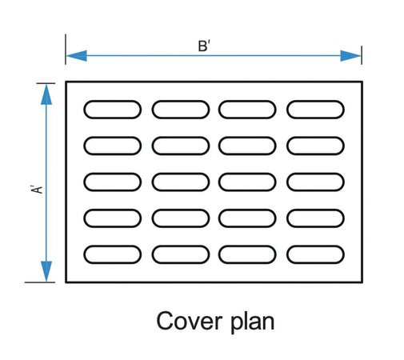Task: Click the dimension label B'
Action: tap(203, 46)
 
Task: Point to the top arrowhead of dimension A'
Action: tap(46, 94)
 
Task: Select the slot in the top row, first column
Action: tap(112, 110)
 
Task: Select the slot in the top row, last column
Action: tap(315, 110)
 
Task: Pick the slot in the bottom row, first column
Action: tap(112, 254)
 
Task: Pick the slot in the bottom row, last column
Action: tap(315, 254)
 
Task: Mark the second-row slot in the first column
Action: tap(112, 146)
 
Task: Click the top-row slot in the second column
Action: tap(180, 110)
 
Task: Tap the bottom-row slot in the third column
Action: tap(247, 254)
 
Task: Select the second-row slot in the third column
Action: tap(247, 146)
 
